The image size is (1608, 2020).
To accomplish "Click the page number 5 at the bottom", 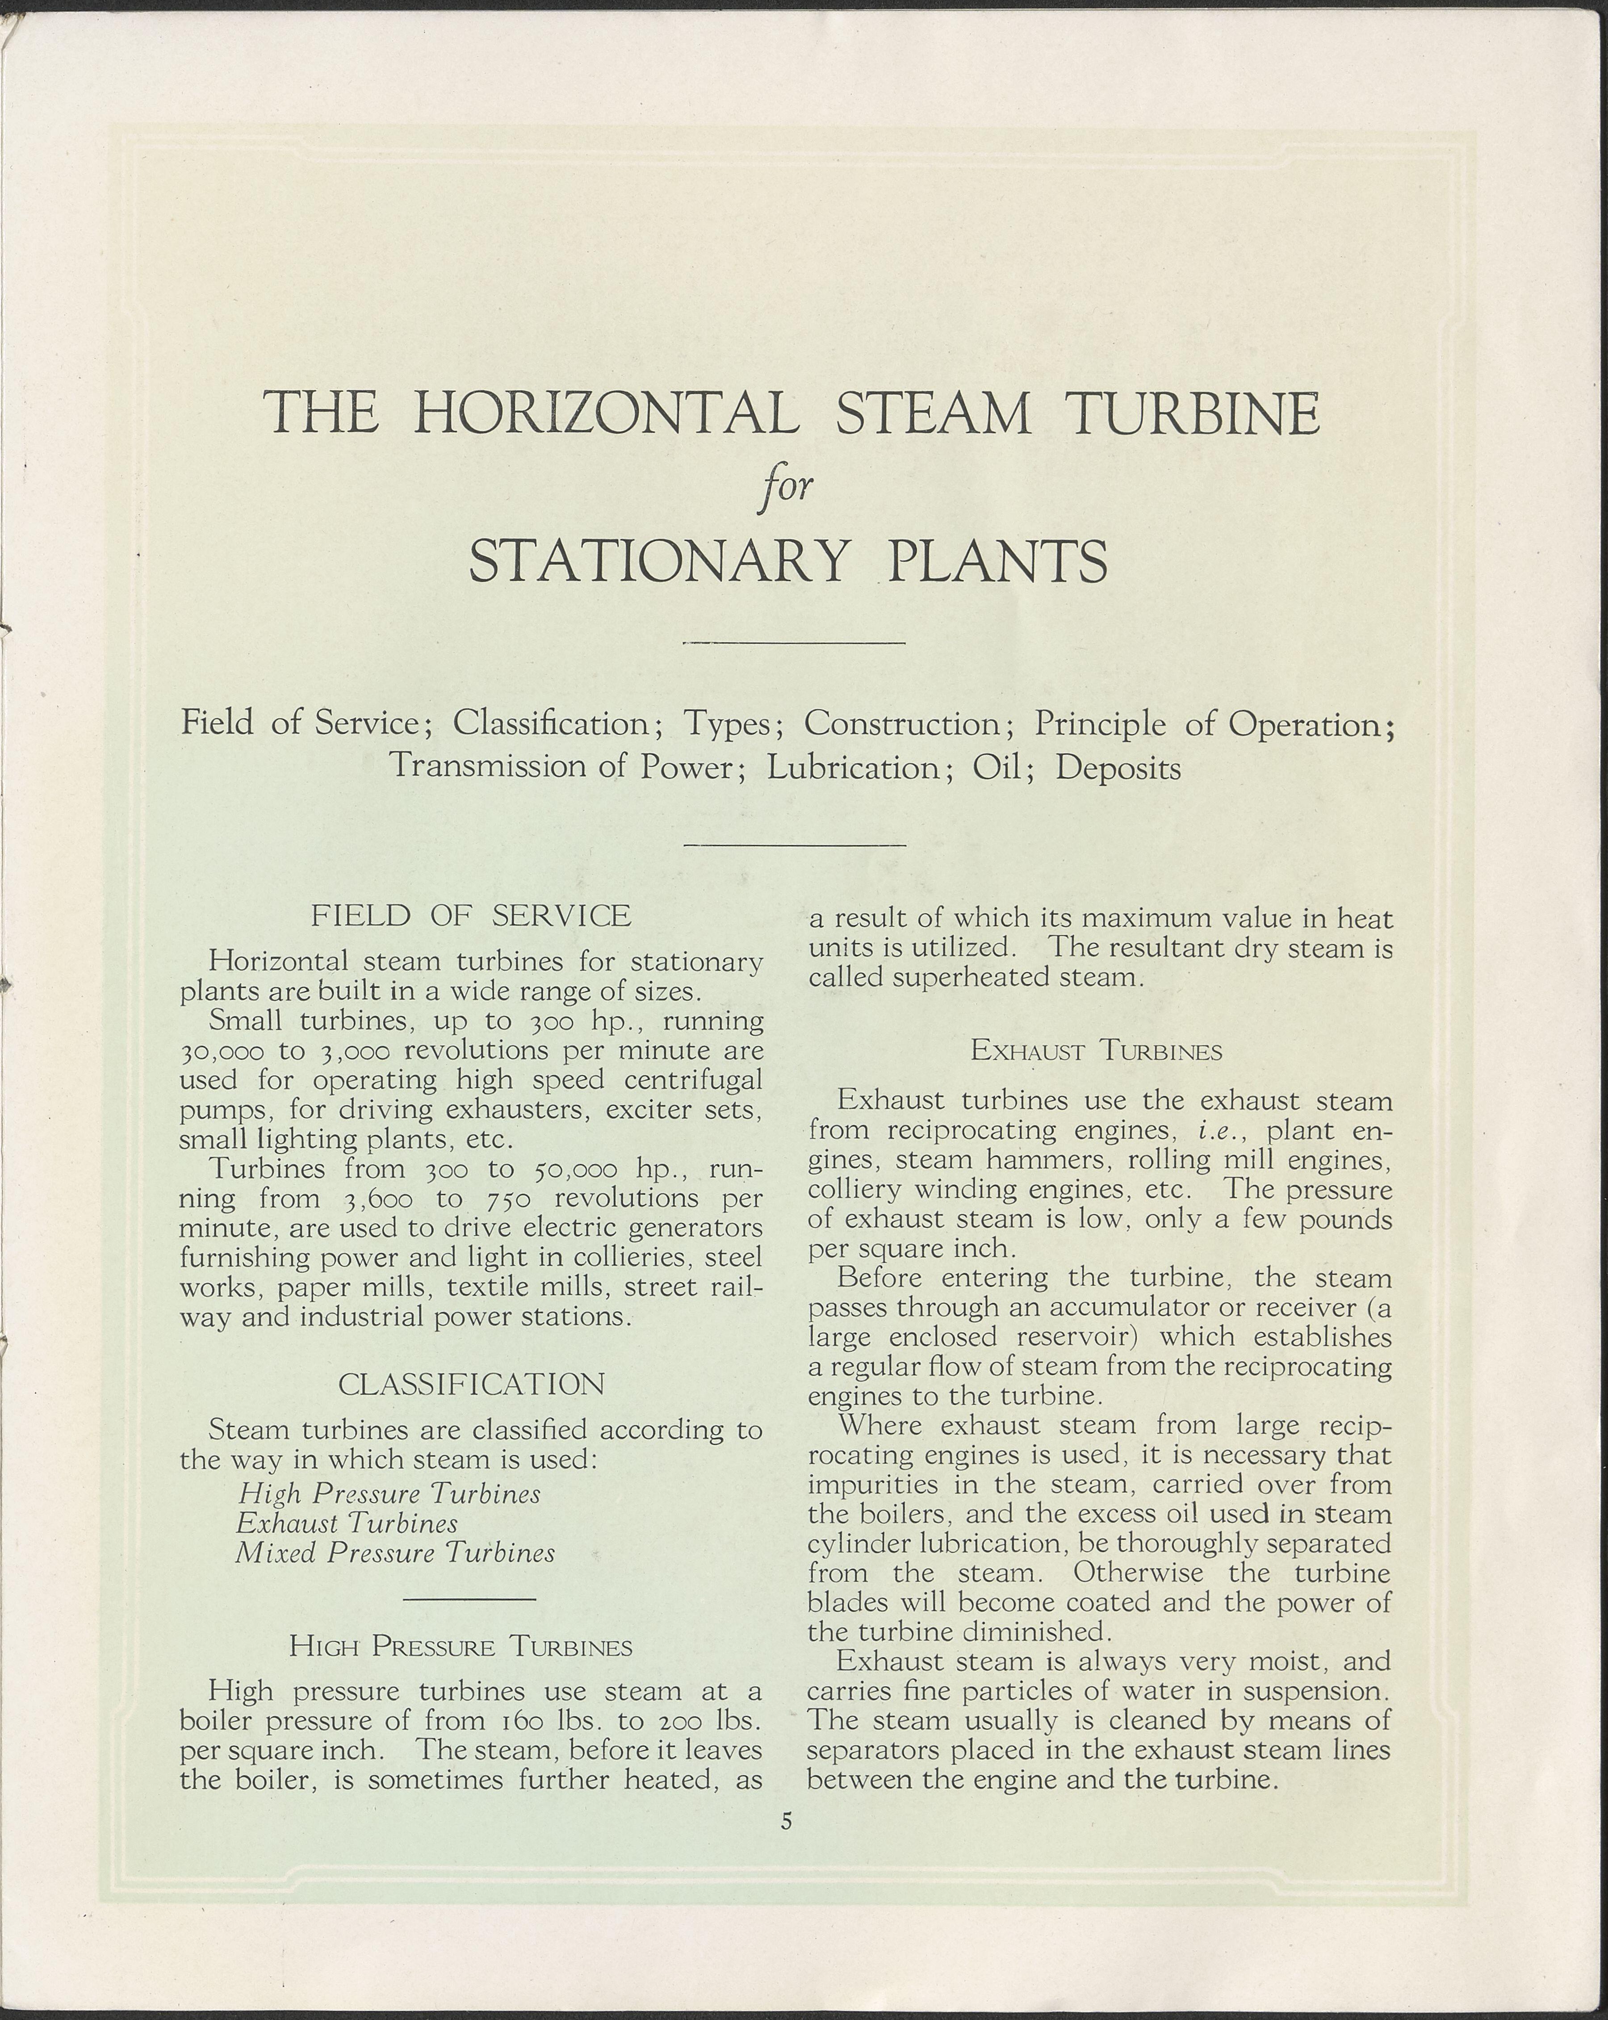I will pyautogui.click(x=787, y=1820).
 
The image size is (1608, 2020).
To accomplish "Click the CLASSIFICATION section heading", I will pyautogui.click(x=471, y=1384).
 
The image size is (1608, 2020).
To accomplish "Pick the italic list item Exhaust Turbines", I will pyautogui.click(x=347, y=1523).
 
